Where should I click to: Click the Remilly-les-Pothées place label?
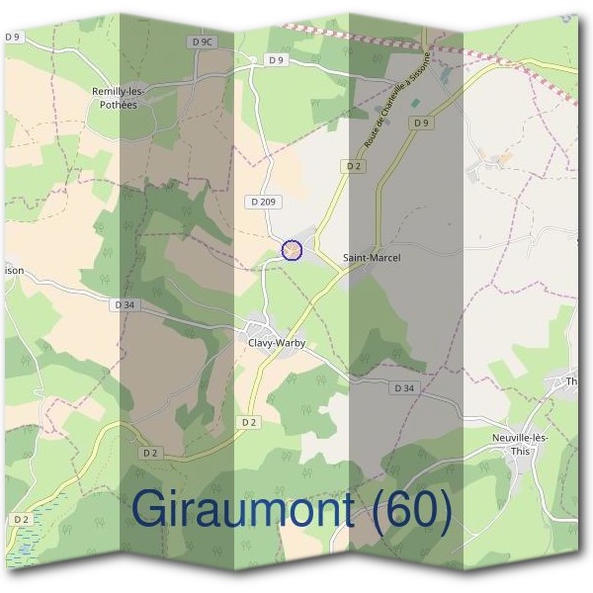pyautogui.click(x=119, y=97)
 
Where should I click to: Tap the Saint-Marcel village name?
pyautogui.click(x=372, y=258)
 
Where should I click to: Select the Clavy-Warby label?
pyautogui.click(x=277, y=343)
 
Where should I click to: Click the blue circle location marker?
pyautogui.click(x=291, y=251)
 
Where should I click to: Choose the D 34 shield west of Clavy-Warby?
pyautogui.click(x=125, y=305)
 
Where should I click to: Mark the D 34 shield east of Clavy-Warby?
pyautogui.click(x=403, y=388)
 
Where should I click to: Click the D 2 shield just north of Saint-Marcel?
pyautogui.click(x=354, y=167)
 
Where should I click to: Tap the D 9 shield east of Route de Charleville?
pyautogui.click(x=422, y=123)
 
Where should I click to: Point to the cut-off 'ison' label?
pyautogui.click(x=13, y=268)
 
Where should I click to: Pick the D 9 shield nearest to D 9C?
pyautogui.click(x=276, y=60)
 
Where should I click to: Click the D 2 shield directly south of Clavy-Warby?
pyautogui.click(x=250, y=423)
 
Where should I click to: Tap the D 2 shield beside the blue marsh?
pyautogui.click(x=21, y=519)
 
